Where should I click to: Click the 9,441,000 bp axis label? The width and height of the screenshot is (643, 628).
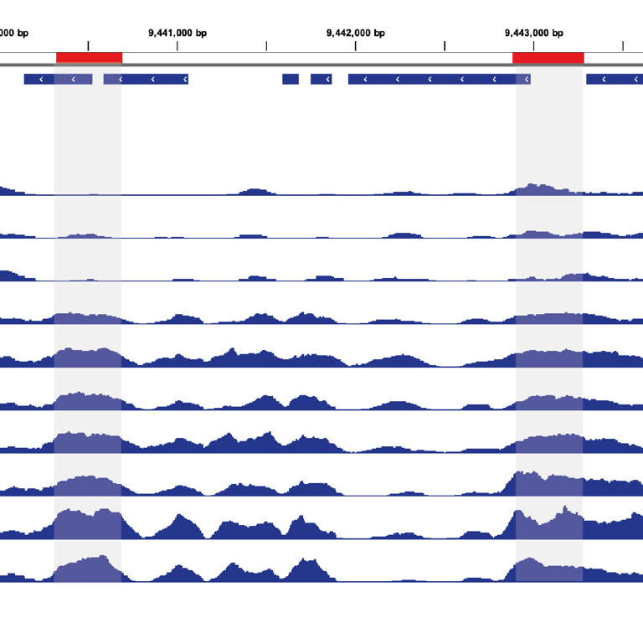click(177, 33)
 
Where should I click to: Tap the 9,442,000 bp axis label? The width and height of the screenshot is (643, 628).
click(356, 33)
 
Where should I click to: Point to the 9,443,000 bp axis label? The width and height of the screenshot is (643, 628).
click(534, 33)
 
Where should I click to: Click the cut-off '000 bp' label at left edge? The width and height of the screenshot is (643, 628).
click(14, 33)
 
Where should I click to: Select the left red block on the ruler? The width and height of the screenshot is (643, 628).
click(89, 58)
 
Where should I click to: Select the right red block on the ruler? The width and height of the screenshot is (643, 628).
click(548, 58)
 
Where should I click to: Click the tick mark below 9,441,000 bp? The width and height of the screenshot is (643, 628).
click(177, 45)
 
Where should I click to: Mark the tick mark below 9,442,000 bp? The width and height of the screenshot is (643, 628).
click(356, 45)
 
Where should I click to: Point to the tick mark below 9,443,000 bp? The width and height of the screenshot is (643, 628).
click(534, 45)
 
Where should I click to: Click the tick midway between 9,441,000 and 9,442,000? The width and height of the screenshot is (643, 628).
click(266, 45)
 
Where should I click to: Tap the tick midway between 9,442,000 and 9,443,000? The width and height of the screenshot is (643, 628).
click(445, 45)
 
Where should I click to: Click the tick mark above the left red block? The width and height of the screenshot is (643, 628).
click(88, 45)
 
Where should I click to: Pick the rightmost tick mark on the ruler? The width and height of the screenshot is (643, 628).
click(623, 45)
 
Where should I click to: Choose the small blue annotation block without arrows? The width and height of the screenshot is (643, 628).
click(291, 79)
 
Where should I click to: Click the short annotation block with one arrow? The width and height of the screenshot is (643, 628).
click(321, 79)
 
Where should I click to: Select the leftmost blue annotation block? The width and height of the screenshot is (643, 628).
click(58, 79)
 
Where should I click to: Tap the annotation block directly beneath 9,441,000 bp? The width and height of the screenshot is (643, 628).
click(146, 79)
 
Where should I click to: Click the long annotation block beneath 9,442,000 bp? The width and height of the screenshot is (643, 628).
click(439, 79)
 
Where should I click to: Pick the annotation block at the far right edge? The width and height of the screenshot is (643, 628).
click(615, 79)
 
